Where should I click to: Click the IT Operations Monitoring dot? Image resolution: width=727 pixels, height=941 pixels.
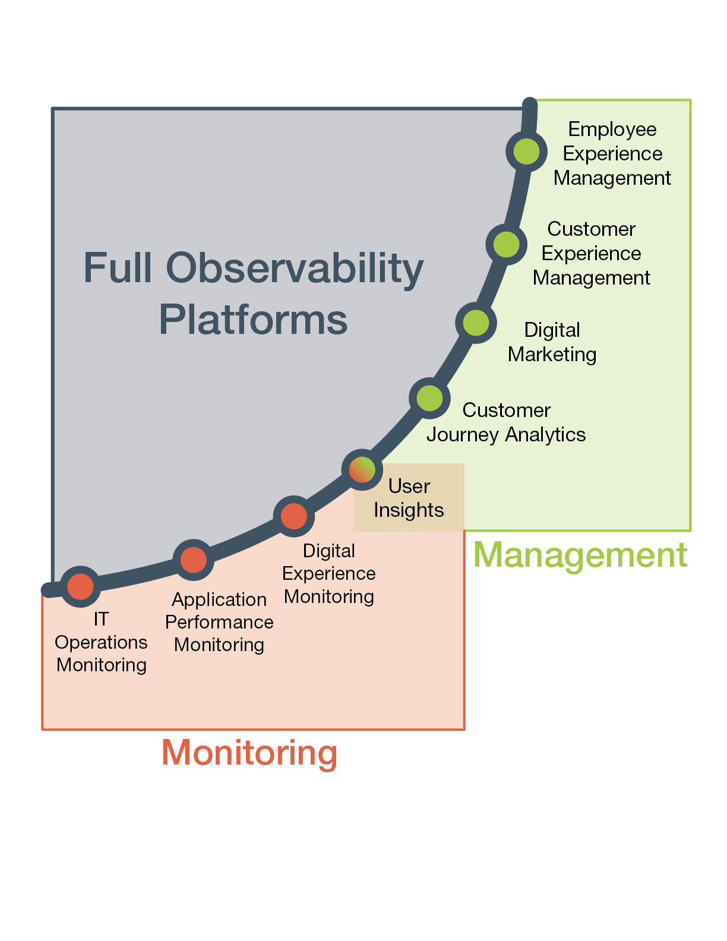click(x=81, y=586)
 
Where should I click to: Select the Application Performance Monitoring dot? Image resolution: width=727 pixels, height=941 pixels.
click(x=194, y=560)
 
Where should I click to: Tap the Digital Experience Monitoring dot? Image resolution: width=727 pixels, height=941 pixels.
click(x=294, y=516)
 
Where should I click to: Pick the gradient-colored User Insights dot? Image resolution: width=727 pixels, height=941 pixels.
click(x=362, y=470)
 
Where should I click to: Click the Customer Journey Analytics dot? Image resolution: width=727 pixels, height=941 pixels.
click(x=429, y=398)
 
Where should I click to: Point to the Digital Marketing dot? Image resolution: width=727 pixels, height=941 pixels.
click(x=476, y=323)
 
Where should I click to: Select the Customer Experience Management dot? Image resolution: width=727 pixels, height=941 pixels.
click(x=506, y=245)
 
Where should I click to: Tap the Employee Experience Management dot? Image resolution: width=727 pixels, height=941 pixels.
click(x=526, y=151)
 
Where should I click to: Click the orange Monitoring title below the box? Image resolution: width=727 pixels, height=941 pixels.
click(x=249, y=754)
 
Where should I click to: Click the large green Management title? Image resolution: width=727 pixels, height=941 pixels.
click(x=580, y=556)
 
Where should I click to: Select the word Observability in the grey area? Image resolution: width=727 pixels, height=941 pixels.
click(x=295, y=269)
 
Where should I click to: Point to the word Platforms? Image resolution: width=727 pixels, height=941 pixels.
click(x=253, y=320)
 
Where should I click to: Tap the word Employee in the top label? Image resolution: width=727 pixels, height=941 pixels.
click(x=612, y=130)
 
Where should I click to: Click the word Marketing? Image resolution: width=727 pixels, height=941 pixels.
click(x=552, y=355)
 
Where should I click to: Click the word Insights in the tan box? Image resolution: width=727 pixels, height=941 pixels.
click(x=409, y=510)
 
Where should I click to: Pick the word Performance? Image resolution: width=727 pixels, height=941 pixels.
click(x=219, y=622)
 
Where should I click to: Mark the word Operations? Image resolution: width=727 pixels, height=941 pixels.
click(x=102, y=643)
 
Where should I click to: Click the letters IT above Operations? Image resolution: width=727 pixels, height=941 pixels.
click(x=102, y=619)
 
